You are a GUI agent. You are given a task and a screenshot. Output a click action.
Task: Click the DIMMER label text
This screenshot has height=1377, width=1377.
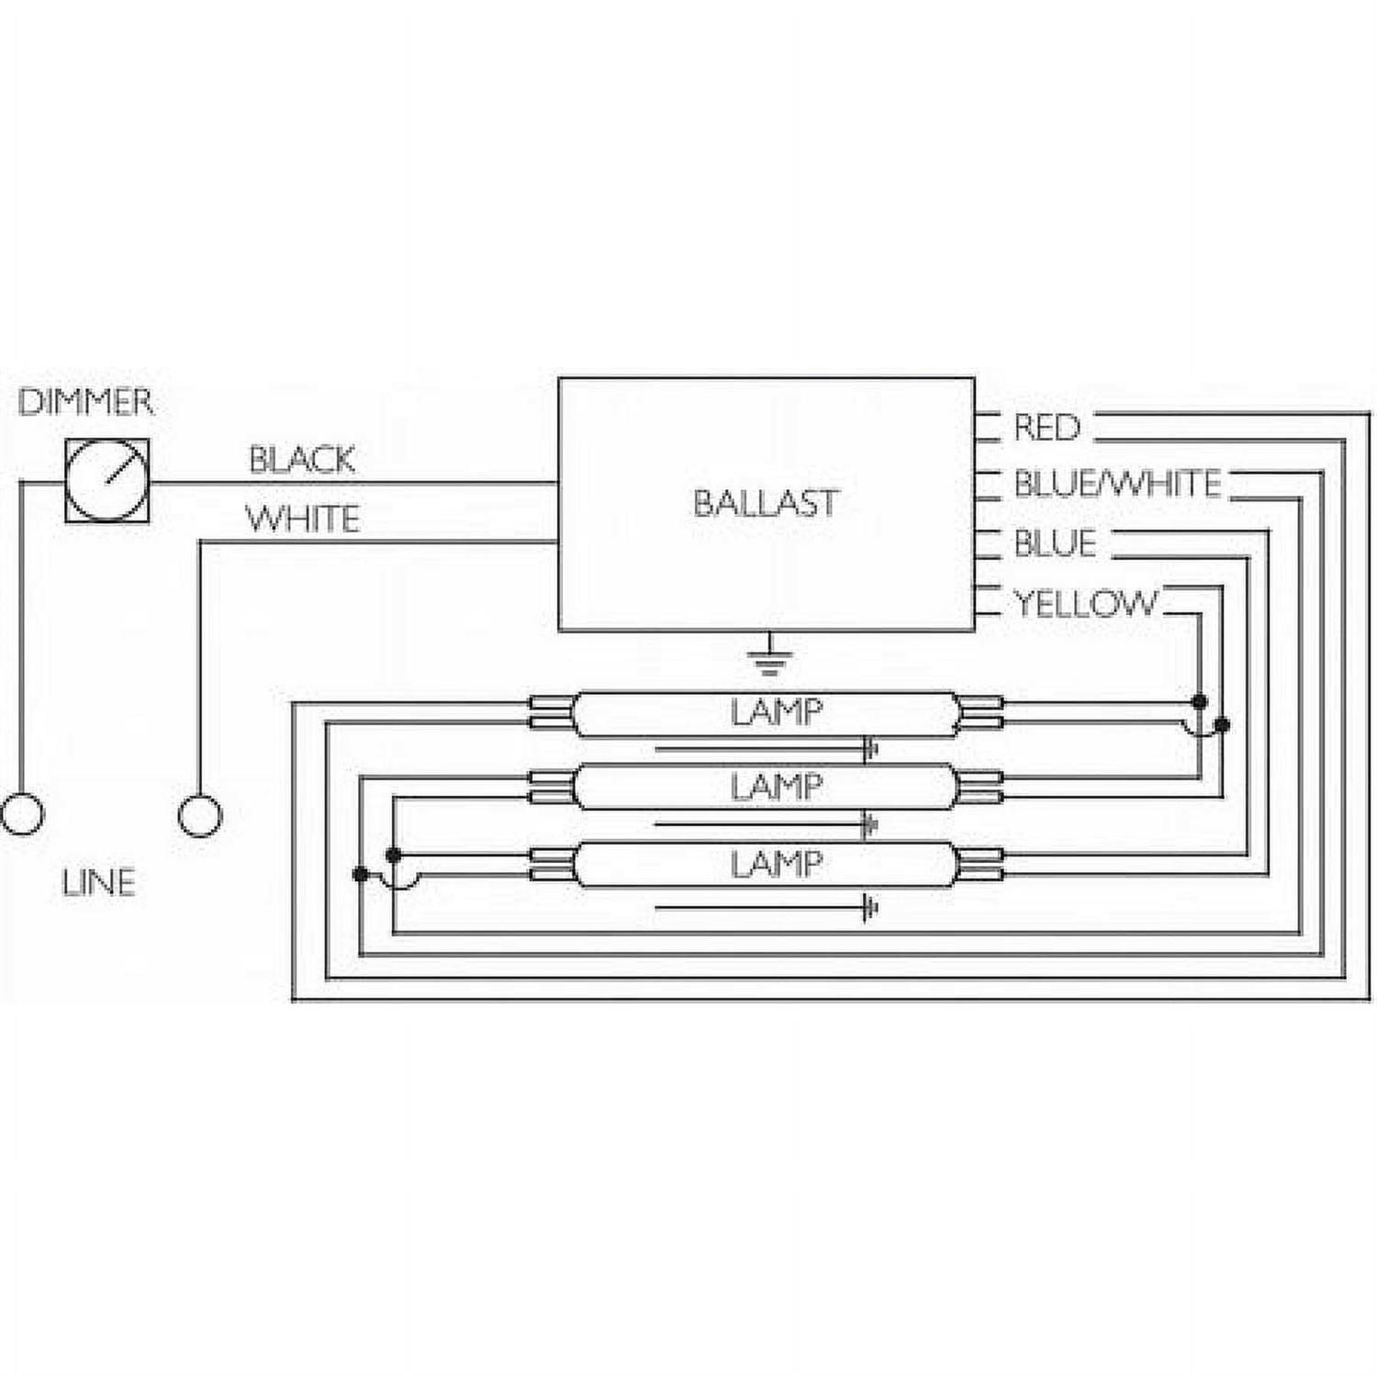point(85,402)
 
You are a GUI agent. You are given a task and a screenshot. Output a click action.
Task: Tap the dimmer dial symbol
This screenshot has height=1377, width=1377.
point(107,481)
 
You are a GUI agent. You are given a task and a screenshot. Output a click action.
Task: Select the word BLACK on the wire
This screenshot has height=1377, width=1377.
point(302,459)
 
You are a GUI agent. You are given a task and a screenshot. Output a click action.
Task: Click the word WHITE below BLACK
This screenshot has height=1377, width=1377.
point(302,519)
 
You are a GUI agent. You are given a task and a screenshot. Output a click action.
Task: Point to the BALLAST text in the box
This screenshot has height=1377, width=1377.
point(766,503)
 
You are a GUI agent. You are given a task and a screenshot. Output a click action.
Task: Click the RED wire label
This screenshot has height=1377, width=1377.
point(1047,428)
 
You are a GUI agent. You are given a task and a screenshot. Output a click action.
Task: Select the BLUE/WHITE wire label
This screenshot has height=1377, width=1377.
point(1117,484)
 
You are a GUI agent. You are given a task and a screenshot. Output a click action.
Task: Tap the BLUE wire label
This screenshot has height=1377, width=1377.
point(1055,543)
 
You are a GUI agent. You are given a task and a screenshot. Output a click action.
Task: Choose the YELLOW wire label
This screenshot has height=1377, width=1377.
point(1085,603)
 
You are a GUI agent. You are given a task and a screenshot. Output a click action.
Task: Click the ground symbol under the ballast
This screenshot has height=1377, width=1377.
point(769,655)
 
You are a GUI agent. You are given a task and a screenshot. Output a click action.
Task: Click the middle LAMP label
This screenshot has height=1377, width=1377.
point(776,788)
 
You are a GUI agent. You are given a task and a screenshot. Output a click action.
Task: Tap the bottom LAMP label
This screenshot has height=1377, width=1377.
point(776,864)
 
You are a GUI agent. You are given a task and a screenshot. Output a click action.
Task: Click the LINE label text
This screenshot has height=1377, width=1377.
point(98,883)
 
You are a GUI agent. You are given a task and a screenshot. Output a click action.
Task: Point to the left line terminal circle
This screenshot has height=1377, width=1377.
point(22,814)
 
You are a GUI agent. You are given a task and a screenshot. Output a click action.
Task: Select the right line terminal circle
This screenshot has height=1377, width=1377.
point(199,814)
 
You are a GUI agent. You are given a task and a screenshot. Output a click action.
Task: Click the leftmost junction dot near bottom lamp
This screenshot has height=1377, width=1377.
point(361,874)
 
